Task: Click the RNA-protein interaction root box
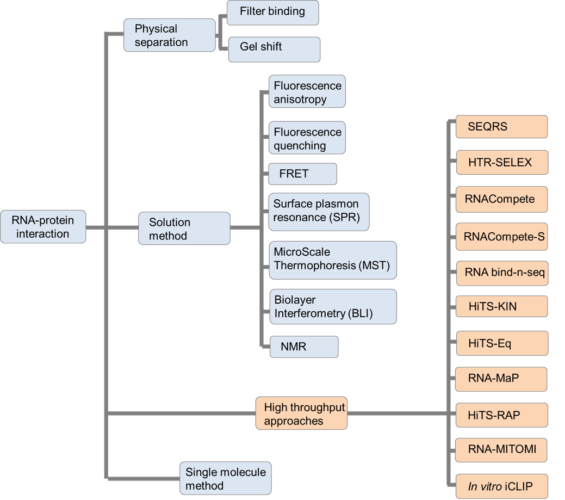tap(43, 227)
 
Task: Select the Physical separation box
tap(169, 35)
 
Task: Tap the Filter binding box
tap(272, 13)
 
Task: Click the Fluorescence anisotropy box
tap(307, 92)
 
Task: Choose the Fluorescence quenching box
tap(307, 139)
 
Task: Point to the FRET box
tap(303, 174)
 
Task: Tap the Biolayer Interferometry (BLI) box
tap(333, 307)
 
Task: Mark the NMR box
tap(304, 346)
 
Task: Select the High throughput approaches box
tap(301, 414)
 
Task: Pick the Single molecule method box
tap(226, 478)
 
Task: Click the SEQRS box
tap(501, 127)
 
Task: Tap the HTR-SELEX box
tap(501, 162)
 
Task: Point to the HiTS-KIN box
tap(501, 306)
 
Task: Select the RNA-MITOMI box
tap(501, 449)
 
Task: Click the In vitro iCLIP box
tap(501, 485)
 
